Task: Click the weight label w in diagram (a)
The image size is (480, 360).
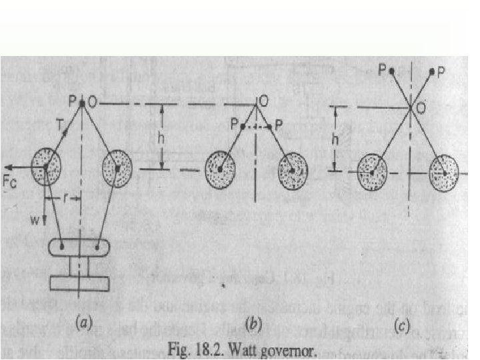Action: coord(40,217)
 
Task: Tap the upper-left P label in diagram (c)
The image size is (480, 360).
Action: coord(383,70)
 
